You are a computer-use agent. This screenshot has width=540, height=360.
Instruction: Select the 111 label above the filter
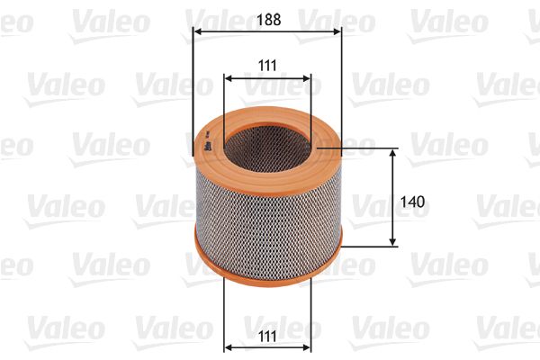point(267,64)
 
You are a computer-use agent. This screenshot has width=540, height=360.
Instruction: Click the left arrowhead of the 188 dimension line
point(197,32)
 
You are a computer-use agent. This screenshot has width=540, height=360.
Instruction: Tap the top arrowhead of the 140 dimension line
point(393,154)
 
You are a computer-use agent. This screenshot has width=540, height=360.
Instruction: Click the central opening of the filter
point(268,144)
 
